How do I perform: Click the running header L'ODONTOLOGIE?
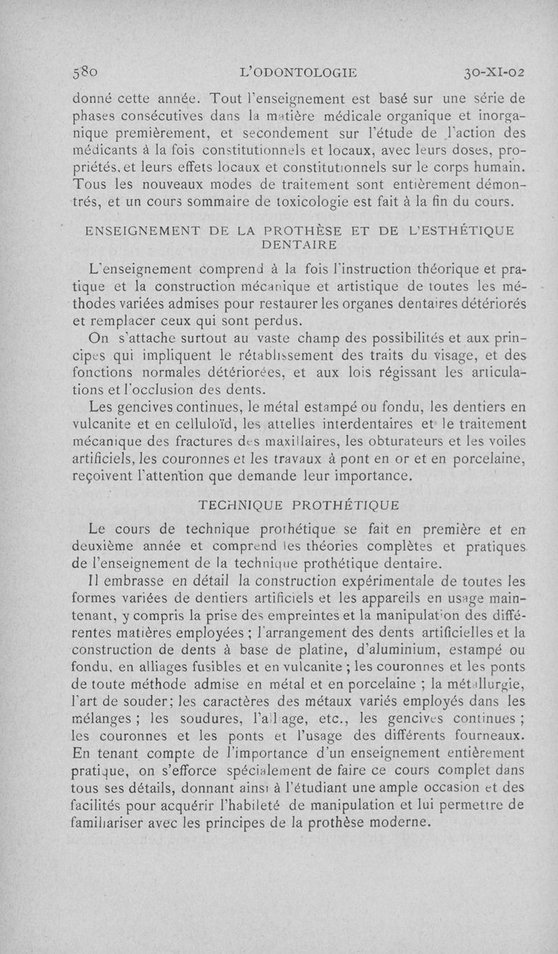[297, 73]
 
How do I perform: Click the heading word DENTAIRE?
[299, 244]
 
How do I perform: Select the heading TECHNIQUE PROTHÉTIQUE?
[299, 504]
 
